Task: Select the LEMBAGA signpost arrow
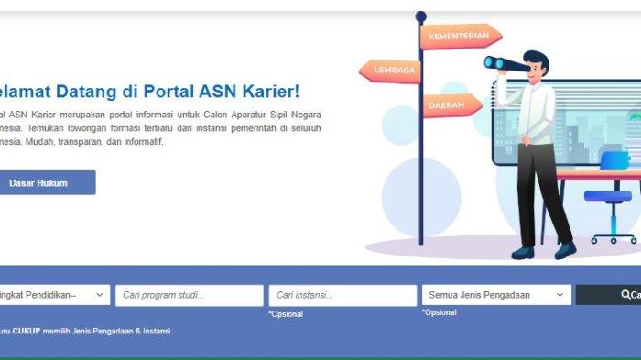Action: tap(391, 71)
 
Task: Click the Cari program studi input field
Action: tap(190, 295)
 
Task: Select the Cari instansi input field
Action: tap(342, 295)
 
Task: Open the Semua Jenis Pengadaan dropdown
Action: tap(495, 295)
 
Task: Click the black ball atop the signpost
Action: tap(421, 16)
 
